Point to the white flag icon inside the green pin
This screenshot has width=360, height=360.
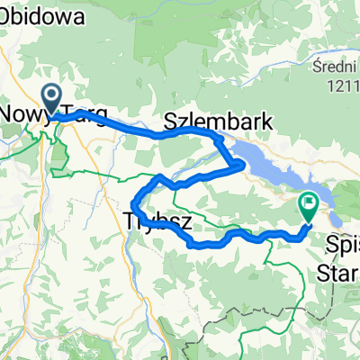(x=309, y=203)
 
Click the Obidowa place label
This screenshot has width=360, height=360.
(x=45, y=16)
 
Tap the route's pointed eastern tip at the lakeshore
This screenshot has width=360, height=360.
(x=244, y=165)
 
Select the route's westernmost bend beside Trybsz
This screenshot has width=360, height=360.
(x=134, y=201)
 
